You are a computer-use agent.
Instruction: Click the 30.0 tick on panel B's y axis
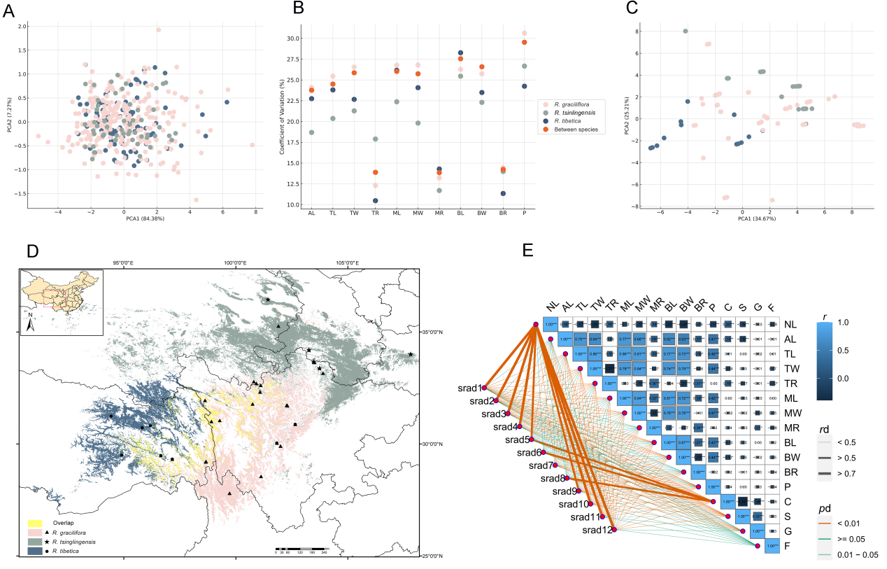(291, 38)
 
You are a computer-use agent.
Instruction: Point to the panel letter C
(612, 9)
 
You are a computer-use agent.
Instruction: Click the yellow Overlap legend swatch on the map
(36, 523)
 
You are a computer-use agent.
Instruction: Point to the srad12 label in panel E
(597, 529)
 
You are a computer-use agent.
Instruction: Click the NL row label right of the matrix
(790, 324)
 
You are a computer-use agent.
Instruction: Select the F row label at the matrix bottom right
(788, 546)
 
